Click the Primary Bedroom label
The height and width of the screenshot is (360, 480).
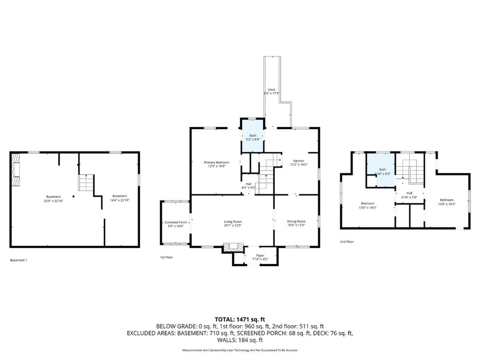pos(215,164)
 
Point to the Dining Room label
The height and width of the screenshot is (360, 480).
pos(296,223)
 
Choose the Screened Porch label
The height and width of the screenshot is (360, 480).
pos(175,223)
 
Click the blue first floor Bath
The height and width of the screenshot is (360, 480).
pos(253,137)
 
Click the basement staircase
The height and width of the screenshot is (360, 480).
pos(86,183)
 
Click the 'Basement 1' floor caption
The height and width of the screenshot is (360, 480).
pos(18,260)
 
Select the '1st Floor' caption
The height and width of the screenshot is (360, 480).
pos(166,257)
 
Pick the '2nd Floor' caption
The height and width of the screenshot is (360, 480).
pos(346,242)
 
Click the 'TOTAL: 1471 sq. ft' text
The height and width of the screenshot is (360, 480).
pos(240,319)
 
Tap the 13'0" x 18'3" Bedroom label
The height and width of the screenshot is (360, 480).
pos(367,206)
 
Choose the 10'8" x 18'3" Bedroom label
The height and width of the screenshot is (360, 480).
pos(446,201)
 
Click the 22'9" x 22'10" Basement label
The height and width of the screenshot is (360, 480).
pos(53,198)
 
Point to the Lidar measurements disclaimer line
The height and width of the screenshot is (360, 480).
pos(240,350)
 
